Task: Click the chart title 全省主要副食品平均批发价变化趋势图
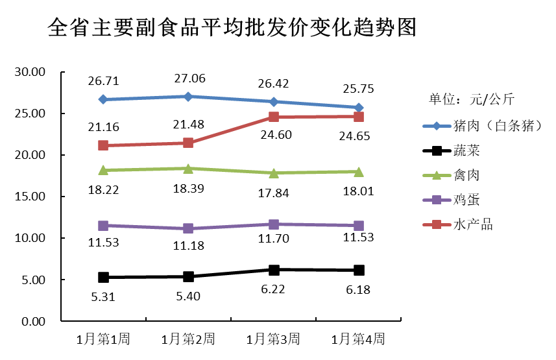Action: [232, 28]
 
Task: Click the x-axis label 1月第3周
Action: [273, 339]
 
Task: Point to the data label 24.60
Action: [273, 135]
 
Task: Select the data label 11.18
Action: [188, 246]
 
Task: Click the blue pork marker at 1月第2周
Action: [188, 97]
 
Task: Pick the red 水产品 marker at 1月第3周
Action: [273, 117]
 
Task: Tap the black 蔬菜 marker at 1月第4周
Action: [358, 270]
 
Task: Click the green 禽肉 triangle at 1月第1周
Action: [103, 170]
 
